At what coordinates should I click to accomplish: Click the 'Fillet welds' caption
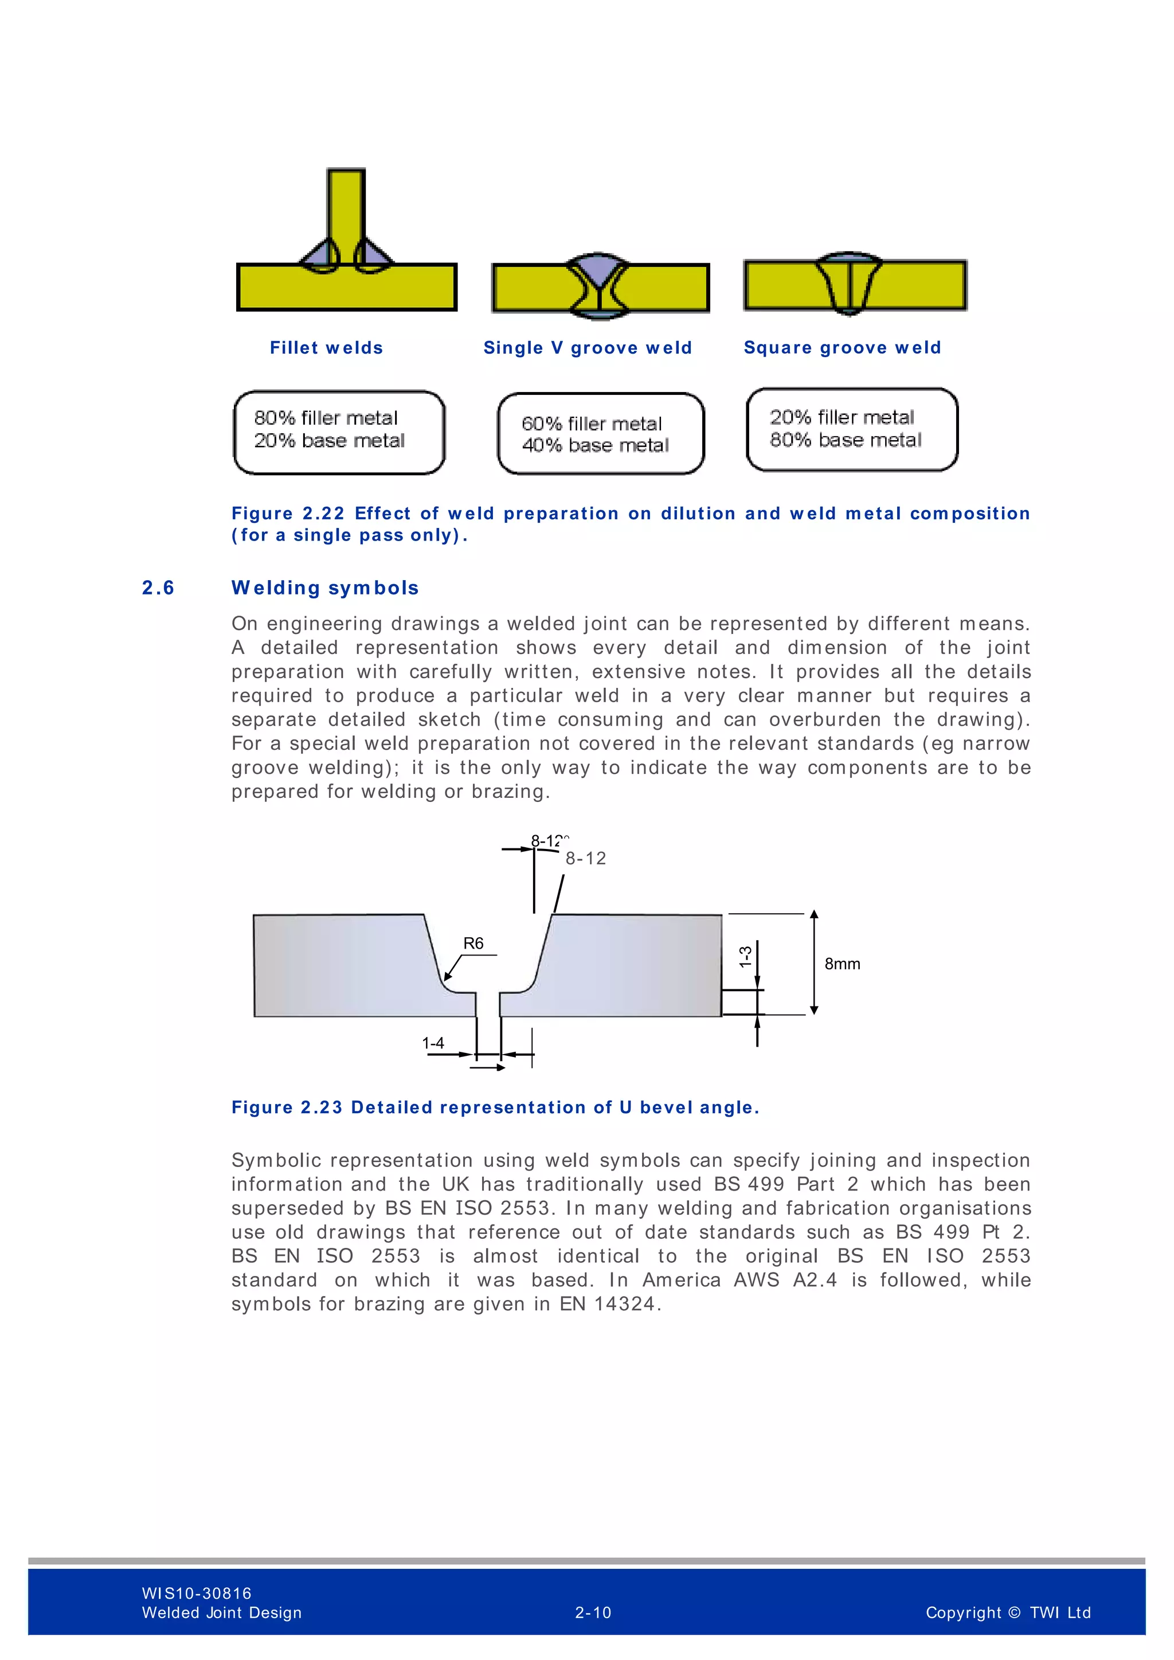pos(326,348)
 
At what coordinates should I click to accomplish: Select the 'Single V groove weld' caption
pos(587,348)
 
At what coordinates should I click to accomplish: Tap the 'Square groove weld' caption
pos(842,348)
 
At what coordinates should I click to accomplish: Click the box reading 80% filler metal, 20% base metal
pos(339,432)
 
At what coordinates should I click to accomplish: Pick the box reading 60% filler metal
pos(600,434)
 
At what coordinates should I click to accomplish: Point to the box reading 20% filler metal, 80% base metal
pos(852,429)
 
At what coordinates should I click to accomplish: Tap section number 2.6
pos(158,588)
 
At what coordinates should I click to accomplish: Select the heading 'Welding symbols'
pos(324,588)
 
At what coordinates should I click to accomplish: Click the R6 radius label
pos(473,943)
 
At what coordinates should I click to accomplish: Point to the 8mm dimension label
pos(842,964)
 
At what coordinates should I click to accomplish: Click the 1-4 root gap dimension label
pos(433,1043)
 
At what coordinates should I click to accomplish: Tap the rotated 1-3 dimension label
pos(745,957)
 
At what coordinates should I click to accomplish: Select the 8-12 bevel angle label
pos(585,858)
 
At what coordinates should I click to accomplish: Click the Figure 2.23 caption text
pos(495,1107)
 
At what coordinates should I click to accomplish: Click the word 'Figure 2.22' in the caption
pos(288,514)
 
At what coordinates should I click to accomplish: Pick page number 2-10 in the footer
pos(593,1612)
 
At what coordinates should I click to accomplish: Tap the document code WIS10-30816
pos(197,1594)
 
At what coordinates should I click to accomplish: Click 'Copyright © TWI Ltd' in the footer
pos(1008,1612)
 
